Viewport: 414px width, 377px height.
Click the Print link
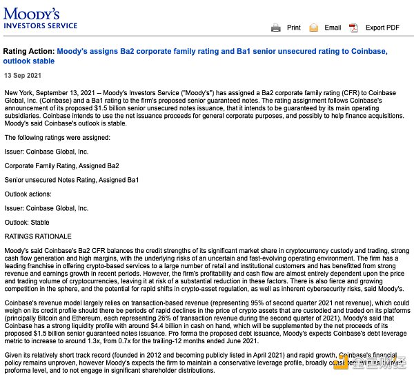[x=293, y=28]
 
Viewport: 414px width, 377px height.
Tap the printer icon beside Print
[x=276, y=28]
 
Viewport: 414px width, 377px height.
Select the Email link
[x=333, y=28]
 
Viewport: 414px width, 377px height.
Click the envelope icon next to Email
[x=314, y=28]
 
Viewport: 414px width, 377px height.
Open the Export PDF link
[x=382, y=28]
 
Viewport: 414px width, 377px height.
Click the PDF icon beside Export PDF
[x=353, y=28]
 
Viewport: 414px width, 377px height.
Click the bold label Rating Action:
[x=28, y=52]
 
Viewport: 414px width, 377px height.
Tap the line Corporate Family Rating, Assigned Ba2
[x=61, y=166]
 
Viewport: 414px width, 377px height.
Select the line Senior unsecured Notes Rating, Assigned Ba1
[x=71, y=180]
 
